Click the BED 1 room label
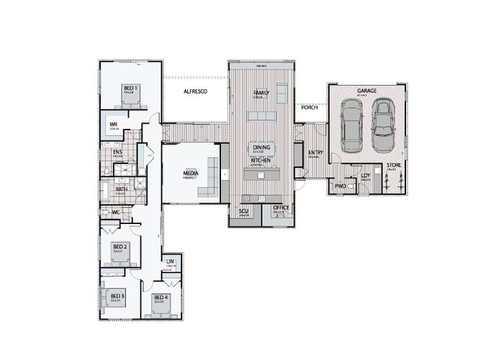[130, 88]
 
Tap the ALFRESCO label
[195, 92]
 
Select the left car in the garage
[351, 125]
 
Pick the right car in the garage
[382, 125]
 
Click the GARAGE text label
[366, 91]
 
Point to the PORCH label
[310, 107]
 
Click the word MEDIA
[190, 173]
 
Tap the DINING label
[261, 148]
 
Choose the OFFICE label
[281, 208]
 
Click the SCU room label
[243, 211]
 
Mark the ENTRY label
[315, 153]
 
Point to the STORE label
[393, 166]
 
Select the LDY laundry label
[365, 175]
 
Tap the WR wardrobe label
[113, 125]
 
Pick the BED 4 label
[160, 297]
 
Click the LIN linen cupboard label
[170, 261]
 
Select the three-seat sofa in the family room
[262, 116]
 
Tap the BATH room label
[121, 189]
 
